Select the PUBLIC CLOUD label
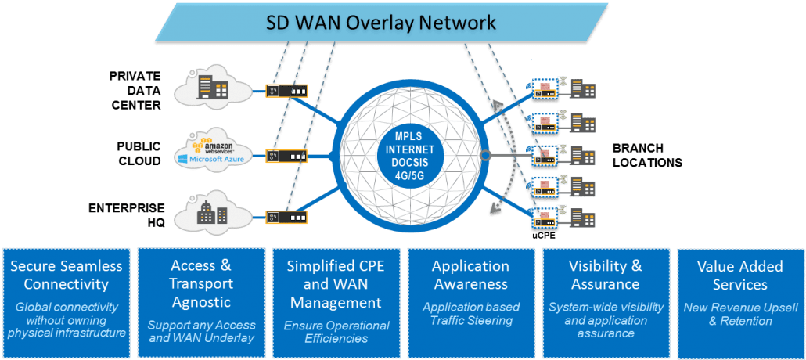[139, 153]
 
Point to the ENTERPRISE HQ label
[127, 214]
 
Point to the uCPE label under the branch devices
[543, 233]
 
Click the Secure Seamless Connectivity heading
[67, 275]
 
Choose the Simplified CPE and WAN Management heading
[336, 283]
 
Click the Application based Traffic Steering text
[470, 314]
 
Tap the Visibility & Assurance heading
[605, 275]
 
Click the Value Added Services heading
[739, 275]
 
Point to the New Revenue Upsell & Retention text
[739, 314]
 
